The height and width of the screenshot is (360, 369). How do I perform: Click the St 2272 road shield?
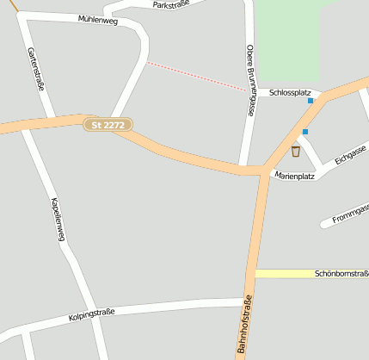click(x=108, y=125)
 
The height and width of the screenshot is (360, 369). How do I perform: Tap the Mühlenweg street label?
click(x=97, y=20)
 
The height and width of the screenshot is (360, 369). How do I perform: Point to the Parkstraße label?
click(x=170, y=5)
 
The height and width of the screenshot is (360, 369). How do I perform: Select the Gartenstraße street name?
click(x=35, y=68)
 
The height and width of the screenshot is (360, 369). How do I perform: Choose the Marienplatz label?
click(x=294, y=176)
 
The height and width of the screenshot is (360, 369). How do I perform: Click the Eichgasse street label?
click(x=350, y=154)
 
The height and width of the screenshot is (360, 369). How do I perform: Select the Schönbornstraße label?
click(x=341, y=273)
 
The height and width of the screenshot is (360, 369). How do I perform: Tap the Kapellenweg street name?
click(x=57, y=219)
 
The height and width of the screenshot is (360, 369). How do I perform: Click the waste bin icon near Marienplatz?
click(x=296, y=152)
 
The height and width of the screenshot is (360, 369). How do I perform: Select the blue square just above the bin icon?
click(x=304, y=132)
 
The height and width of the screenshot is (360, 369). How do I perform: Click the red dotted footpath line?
click(x=198, y=75)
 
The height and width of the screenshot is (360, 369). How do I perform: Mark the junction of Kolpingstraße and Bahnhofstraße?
click(x=249, y=302)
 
